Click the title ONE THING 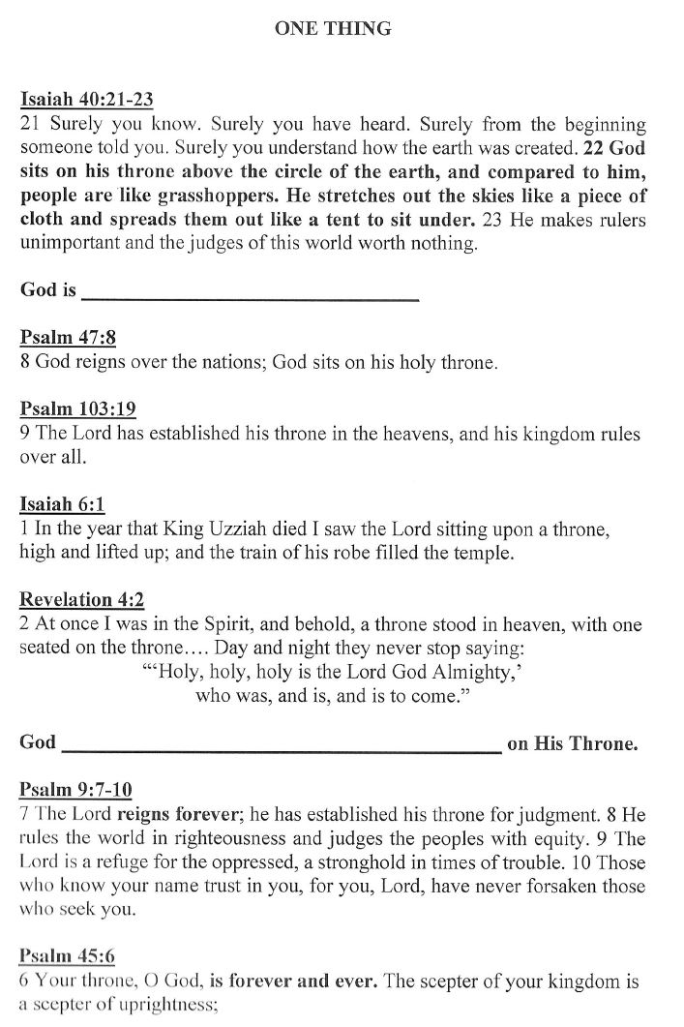(333, 29)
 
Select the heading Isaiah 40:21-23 (87, 99)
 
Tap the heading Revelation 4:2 (82, 600)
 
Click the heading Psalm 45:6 (68, 956)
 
